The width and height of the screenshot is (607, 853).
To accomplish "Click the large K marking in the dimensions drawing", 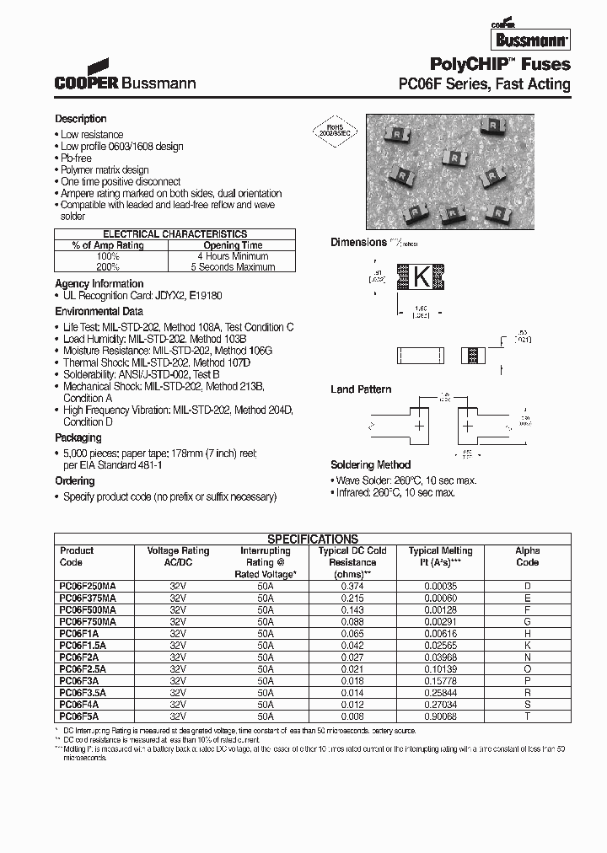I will click(x=419, y=275).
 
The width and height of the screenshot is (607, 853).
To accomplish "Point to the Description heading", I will click(x=81, y=119).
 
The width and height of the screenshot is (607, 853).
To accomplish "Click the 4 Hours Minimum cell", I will click(x=233, y=256).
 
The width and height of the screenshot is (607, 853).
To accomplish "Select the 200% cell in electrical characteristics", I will click(x=108, y=267).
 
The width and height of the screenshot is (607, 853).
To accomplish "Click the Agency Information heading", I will click(x=99, y=284).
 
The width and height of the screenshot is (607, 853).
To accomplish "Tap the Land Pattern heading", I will click(x=361, y=389).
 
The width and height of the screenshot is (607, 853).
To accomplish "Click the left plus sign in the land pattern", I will click(x=418, y=427).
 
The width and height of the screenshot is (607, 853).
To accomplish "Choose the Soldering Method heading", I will click(x=371, y=464).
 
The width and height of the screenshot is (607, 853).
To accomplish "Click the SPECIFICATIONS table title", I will click(x=313, y=539).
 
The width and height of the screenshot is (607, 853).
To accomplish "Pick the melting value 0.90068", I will click(x=440, y=716).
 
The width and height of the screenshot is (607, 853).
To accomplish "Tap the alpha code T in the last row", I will click(x=527, y=716).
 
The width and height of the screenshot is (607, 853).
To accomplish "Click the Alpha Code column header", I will click(x=527, y=556).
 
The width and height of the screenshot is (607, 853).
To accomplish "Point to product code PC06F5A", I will click(x=80, y=716).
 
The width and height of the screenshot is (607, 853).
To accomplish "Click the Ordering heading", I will click(x=75, y=481).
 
